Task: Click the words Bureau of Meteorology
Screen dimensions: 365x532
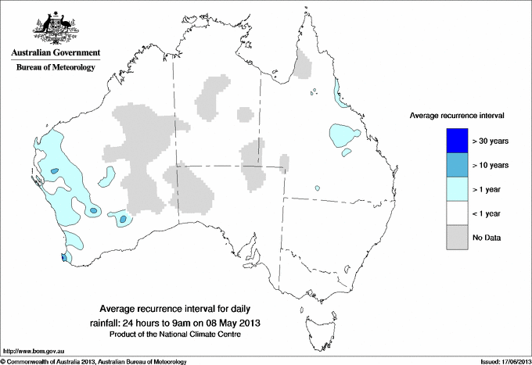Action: point(55,68)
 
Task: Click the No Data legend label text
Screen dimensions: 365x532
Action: point(487,238)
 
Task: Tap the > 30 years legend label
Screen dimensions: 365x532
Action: point(491,141)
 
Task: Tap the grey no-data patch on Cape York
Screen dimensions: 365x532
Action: point(302,63)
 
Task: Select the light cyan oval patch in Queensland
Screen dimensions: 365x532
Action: point(343,135)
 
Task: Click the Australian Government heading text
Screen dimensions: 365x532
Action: point(55,53)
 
